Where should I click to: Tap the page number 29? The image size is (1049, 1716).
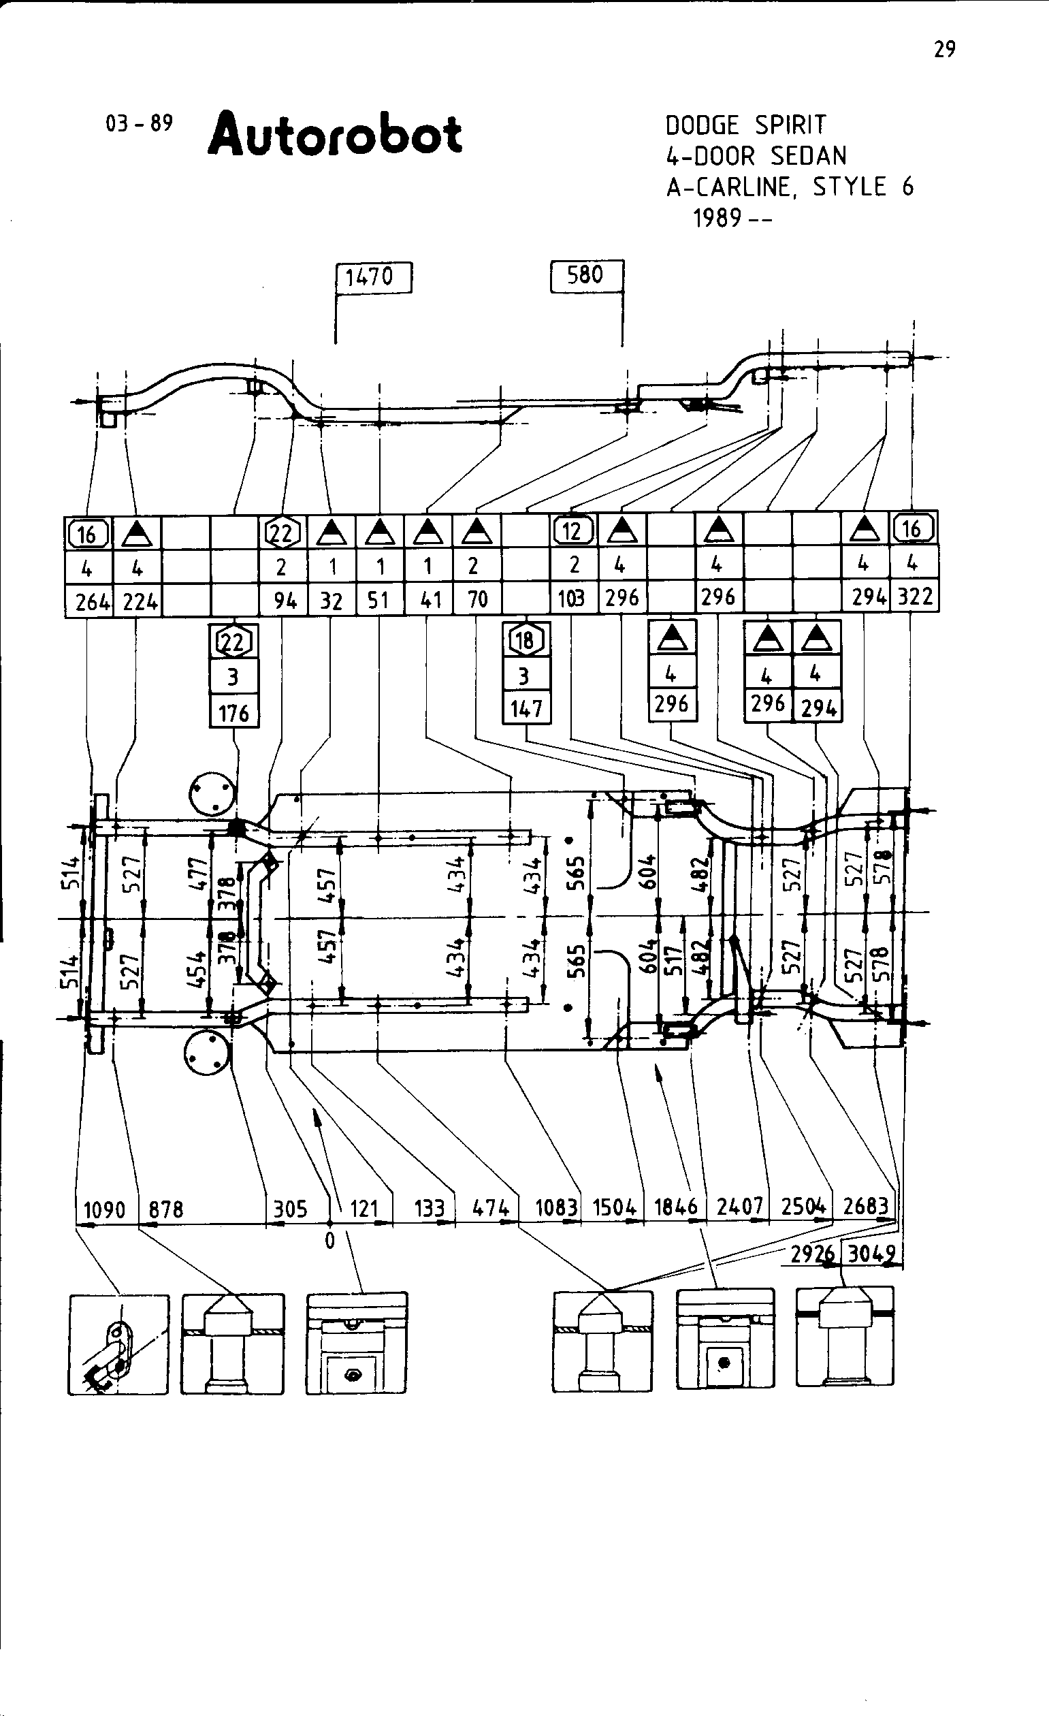coord(945,50)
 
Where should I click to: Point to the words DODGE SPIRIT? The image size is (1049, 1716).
coord(745,125)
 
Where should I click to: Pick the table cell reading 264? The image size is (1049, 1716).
coord(93,601)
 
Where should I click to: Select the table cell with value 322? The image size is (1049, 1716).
coord(915,597)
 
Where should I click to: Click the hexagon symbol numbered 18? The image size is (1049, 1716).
coord(525,640)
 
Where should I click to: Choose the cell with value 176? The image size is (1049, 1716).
coord(234,713)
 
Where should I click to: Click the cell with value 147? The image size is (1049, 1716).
coord(526,709)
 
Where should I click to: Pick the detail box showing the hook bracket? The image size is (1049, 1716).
coord(118,1344)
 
